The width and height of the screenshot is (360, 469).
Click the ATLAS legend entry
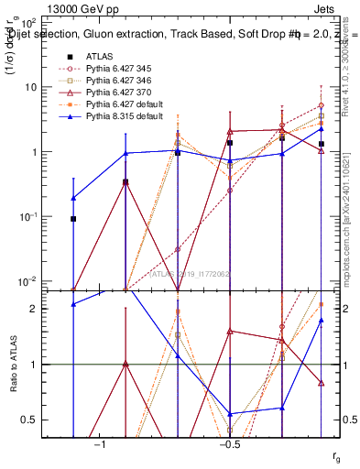100,56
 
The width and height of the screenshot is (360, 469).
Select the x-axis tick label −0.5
229,444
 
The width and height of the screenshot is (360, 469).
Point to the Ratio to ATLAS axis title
14,366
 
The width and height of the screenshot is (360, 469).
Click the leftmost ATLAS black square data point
73,219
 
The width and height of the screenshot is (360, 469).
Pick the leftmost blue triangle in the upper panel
73,198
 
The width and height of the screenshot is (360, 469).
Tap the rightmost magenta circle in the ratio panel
322,330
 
